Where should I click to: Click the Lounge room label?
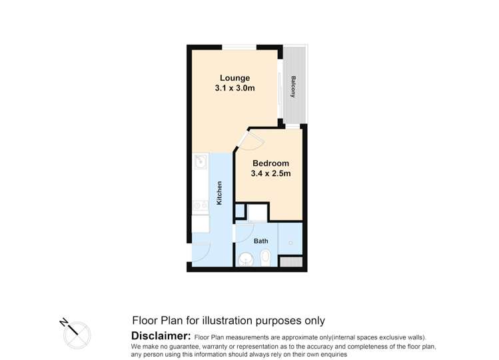tap(235, 78)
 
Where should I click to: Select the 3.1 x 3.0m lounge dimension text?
tap(235, 88)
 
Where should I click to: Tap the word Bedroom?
tap(270, 163)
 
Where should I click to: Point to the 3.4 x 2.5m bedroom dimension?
tap(270, 174)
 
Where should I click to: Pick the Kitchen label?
tap(219, 193)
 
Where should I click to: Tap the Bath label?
tap(261, 241)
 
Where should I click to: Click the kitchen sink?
tap(200, 161)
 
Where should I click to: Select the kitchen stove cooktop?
tap(200, 207)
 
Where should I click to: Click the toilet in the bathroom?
tap(265, 256)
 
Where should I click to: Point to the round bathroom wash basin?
tap(247, 259)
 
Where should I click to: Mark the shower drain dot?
tap(291, 241)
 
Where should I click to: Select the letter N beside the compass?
tap(64, 321)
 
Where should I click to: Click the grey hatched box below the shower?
tap(290, 261)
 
